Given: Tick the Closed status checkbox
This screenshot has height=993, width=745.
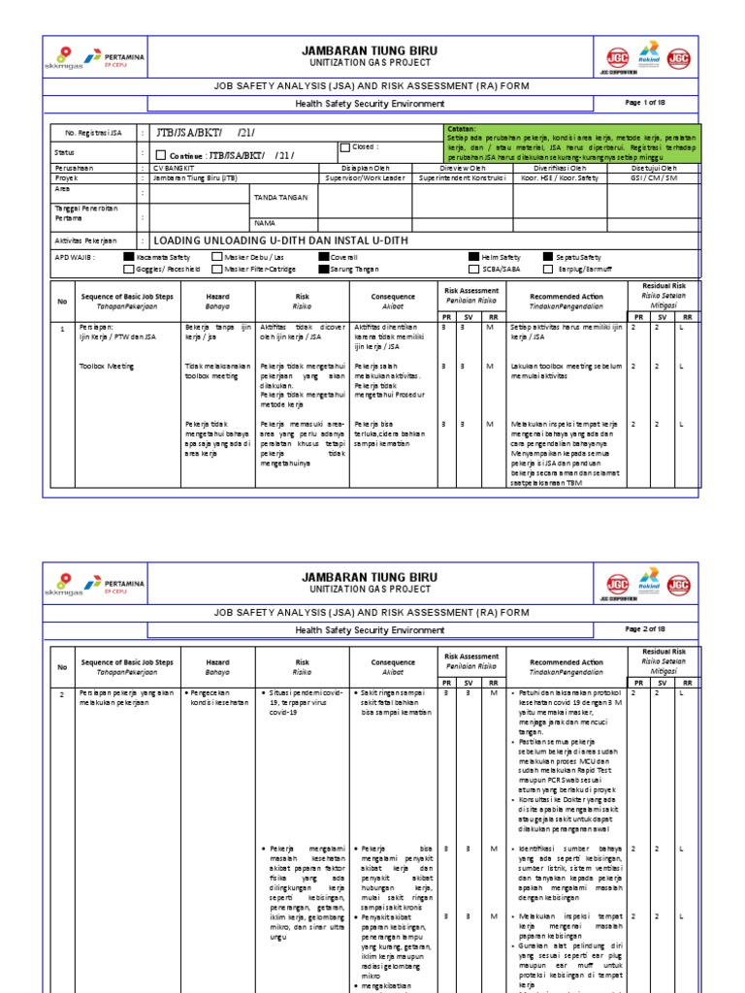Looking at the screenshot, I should (344, 148).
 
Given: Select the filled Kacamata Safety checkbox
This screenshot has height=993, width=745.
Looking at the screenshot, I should (130, 257).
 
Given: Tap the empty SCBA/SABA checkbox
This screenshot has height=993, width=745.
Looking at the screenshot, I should (473, 269).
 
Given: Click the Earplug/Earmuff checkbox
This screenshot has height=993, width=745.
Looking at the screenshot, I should (548, 269).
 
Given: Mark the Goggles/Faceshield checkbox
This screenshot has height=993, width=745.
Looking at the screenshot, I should (130, 269).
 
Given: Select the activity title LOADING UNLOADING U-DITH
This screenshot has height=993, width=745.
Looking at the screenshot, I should (281, 240).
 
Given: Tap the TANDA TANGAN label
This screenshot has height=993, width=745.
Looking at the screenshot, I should (280, 197).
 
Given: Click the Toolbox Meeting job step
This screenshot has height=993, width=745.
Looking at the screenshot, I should (108, 367).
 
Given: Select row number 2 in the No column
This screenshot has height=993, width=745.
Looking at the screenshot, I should (62, 695).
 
